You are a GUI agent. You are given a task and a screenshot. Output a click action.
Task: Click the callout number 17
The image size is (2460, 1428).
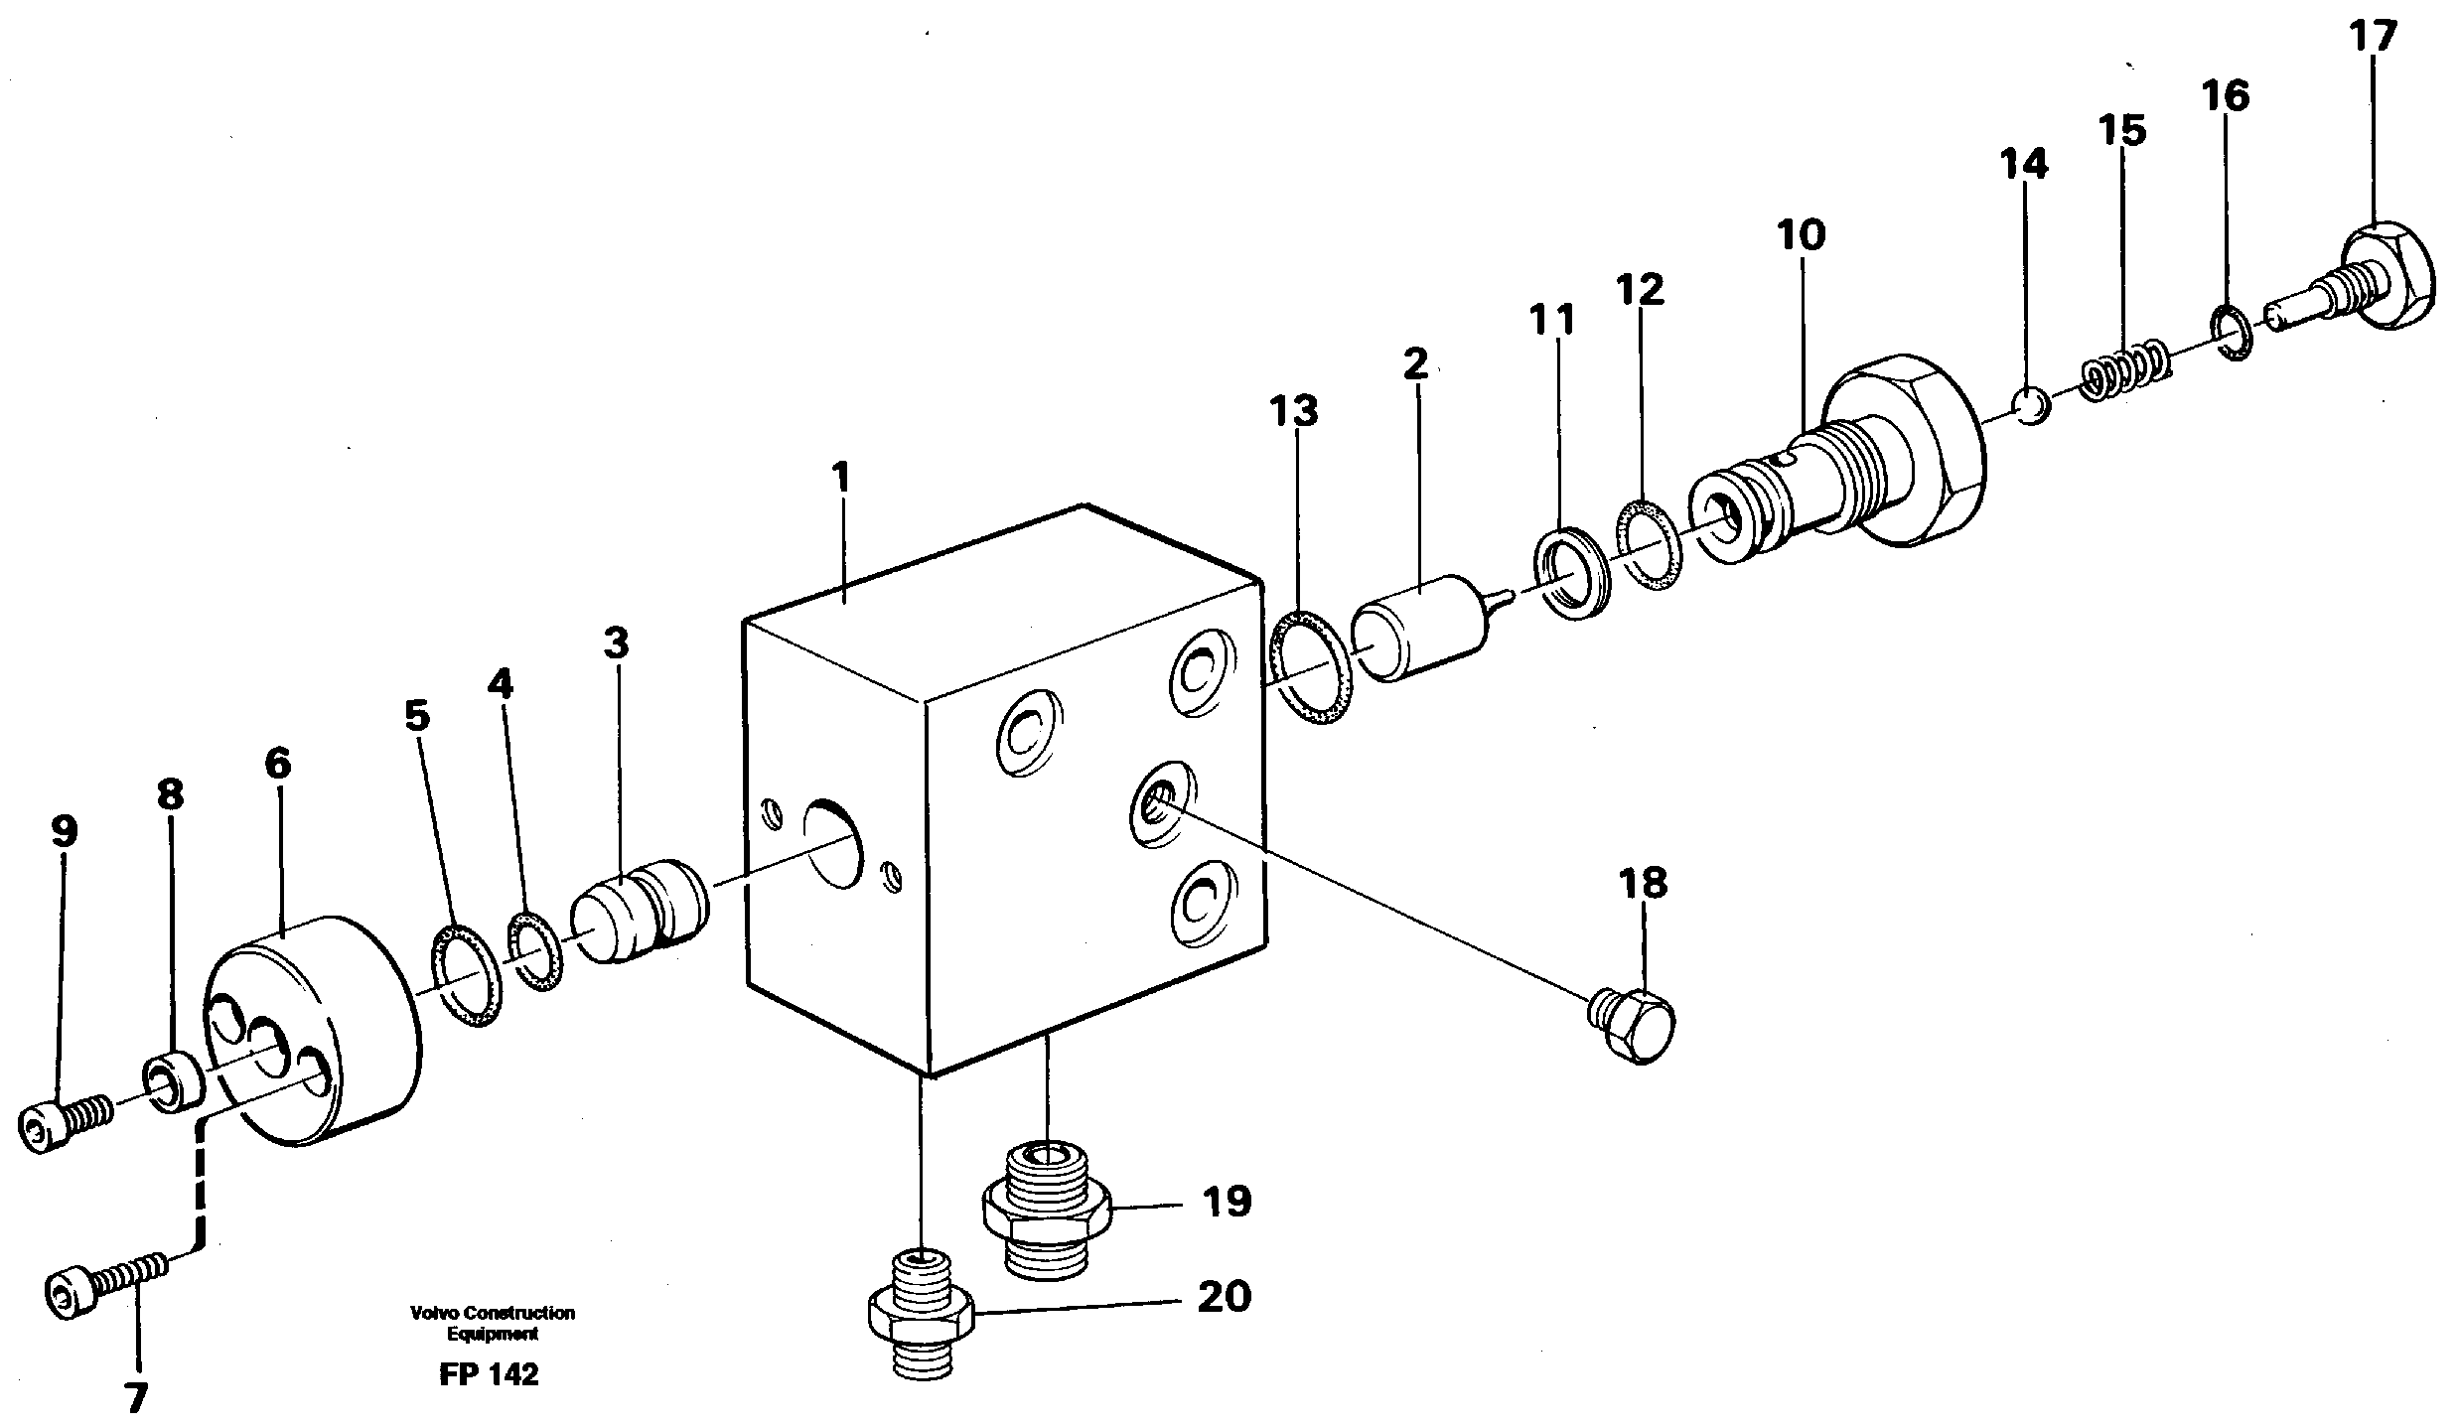point(2373,38)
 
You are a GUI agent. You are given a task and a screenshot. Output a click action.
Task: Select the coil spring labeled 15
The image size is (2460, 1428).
point(2125,372)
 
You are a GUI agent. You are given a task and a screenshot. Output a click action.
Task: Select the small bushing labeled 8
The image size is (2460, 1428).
point(175,1085)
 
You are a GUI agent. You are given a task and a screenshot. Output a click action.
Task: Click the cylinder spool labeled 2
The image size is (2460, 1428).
point(1421,627)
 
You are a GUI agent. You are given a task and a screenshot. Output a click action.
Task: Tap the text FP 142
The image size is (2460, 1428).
point(488,1375)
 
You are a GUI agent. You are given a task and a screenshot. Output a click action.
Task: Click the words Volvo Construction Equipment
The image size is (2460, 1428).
point(492,1324)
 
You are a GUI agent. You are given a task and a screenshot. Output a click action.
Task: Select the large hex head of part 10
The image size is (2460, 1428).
point(1907,452)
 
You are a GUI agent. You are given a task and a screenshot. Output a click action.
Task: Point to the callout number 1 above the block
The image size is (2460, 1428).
point(840,478)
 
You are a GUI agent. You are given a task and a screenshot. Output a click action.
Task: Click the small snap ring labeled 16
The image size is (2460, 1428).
point(2231,338)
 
